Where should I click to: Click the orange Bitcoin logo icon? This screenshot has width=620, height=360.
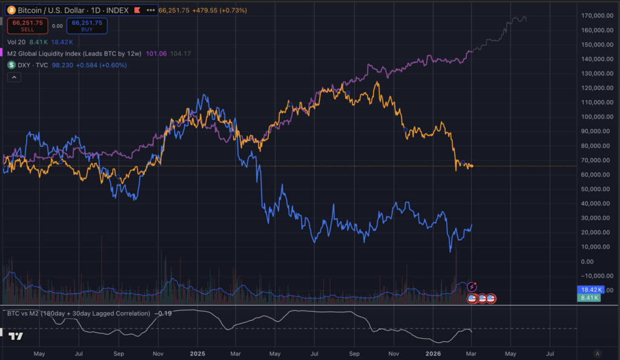click(x=12, y=10)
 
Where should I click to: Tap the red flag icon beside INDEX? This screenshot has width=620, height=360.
click(x=137, y=10)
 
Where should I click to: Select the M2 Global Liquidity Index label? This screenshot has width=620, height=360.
click(x=75, y=53)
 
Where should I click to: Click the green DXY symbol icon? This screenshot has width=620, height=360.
click(x=12, y=65)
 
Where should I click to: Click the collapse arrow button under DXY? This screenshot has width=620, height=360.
click(x=13, y=76)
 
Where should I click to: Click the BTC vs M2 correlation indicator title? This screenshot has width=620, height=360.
click(x=79, y=313)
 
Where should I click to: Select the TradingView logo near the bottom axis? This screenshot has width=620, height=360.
click(x=16, y=337)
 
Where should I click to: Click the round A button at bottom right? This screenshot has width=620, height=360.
click(x=598, y=353)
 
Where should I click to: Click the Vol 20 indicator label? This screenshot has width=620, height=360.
click(x=16, y=42)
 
